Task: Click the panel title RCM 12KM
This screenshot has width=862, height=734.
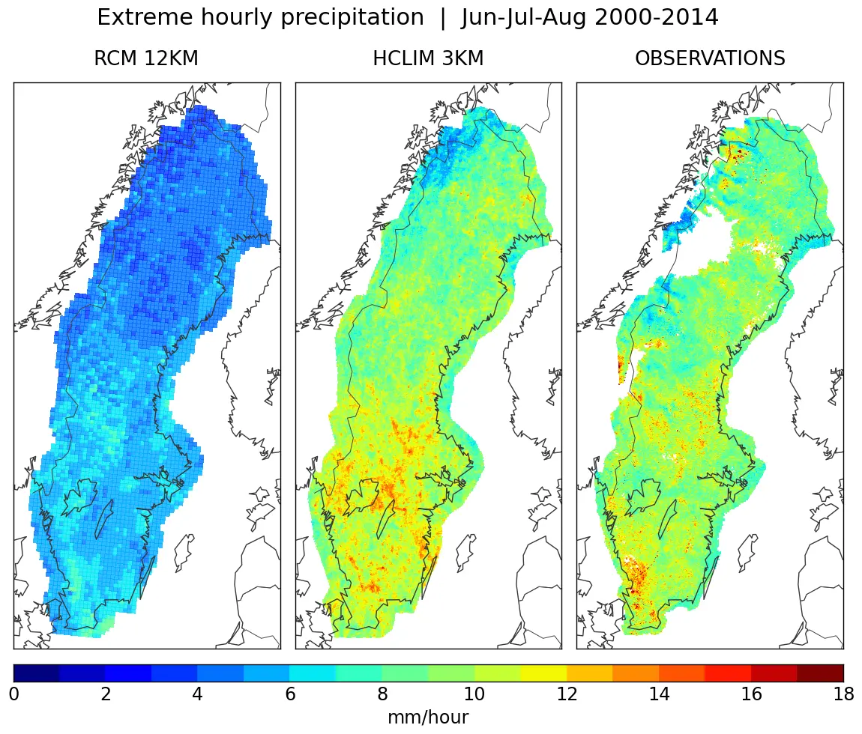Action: (x=146, y=58)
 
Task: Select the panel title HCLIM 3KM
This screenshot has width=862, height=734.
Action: (x=428, y=58)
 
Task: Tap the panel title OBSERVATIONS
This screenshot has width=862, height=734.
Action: (x=710, y=58)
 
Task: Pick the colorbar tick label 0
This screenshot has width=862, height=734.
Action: (x=13, y=694)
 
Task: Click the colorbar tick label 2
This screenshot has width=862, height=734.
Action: (x=106, y=694)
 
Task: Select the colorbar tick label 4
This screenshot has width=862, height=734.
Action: (x=198, y=694)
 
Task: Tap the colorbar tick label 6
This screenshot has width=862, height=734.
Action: (x=290, y=694)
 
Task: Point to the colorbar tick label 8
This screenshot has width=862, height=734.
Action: (x=382, y=694)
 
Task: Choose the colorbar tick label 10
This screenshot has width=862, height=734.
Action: (x=474, y=694)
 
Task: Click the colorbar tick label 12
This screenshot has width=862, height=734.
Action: (x=567, y=694)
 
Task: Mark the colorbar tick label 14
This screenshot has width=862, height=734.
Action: (x=659, y=694)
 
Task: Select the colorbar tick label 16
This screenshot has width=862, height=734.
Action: (x=751, y=694)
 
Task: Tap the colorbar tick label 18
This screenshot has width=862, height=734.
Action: (x=843, y=694)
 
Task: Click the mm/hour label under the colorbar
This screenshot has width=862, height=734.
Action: (x=428, y=718)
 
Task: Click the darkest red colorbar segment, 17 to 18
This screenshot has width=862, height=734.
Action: (x=820, y=673)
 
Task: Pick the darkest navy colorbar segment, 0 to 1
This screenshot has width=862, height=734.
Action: (x=37, y=673)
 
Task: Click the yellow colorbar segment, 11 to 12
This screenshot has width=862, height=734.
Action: (x=543, y=673)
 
